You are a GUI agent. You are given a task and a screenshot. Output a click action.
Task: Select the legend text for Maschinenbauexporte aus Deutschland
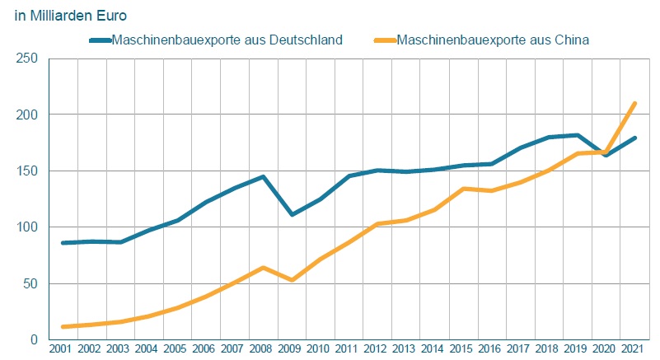tap(227, 40)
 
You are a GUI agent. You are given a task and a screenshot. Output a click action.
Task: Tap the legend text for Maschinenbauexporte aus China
tap(492, 40)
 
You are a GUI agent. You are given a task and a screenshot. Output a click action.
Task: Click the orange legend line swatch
tap(383, 40)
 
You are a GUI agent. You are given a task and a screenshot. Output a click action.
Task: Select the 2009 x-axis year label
tap(291, 349)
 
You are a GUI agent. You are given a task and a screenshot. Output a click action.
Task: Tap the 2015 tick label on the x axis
tap(461, 349)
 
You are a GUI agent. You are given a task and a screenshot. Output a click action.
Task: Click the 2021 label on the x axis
tap(632, 349)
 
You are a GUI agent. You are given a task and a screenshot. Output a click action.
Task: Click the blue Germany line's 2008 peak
tap(262, 176)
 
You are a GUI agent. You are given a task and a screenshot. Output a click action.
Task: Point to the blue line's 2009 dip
tap(291, 215)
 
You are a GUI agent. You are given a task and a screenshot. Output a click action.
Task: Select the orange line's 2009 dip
tap(291, 280)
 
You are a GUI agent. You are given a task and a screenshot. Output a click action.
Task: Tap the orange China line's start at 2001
tap(63, 327)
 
